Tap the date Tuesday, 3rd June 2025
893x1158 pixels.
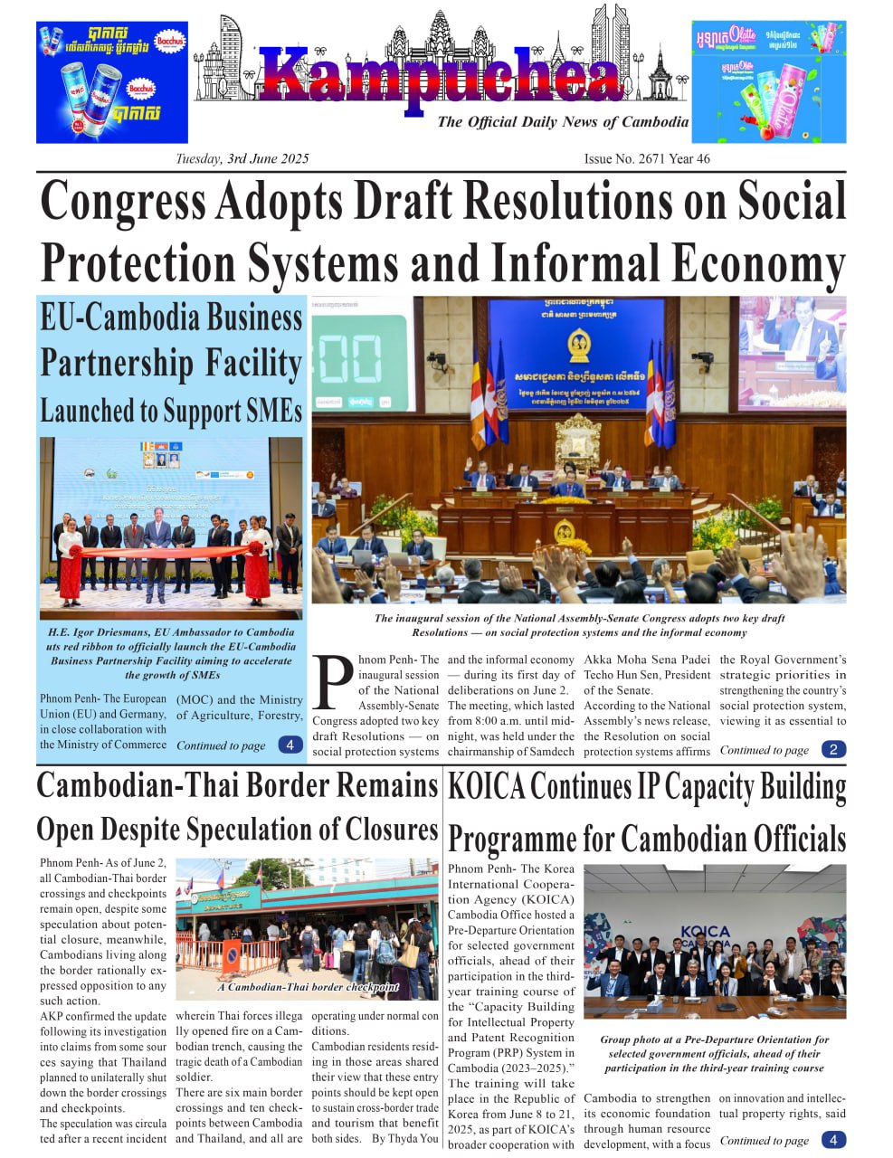coord(242,159)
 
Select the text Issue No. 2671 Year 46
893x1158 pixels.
coord(647,159)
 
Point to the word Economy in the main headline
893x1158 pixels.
coord(752,264)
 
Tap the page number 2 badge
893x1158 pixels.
coord(833,749)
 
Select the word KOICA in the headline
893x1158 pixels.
coord(486,787)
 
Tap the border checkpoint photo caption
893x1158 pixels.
coord(308,987)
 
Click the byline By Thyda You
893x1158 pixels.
coord(405,1138)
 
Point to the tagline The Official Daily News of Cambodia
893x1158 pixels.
coord(562,122)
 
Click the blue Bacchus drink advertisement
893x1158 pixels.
coord(111,82)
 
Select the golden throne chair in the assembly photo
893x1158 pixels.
coord(576,441)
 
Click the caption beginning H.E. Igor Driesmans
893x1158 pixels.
coord(171,653)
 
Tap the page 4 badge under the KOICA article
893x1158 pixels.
coord(833,1140)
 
